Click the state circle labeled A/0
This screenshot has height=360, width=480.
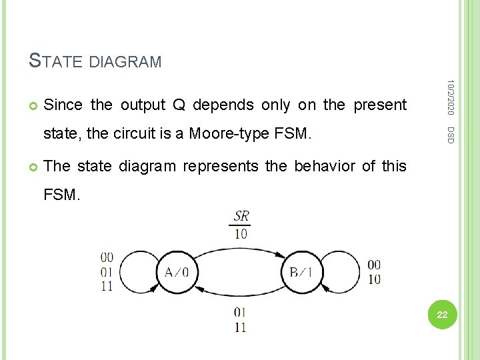(x=176, y=272)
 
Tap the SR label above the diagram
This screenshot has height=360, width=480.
(x=241, y=217)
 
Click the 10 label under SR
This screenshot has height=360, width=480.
(x=241, y=233)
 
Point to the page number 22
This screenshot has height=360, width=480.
(x=442, y=314)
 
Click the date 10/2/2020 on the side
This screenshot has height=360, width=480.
(x=451, y=97)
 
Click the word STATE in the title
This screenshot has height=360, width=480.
(x=56, y=61)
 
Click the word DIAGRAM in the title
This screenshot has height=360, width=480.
(x=125, y=63)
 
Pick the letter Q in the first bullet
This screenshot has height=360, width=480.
(x=179, y=105)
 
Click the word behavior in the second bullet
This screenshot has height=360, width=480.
(x=320, y=166)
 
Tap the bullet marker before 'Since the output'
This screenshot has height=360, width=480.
(x=33, y=105)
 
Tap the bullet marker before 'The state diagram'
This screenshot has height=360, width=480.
(x=33, y=166)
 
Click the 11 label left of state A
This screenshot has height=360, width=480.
(x=107, y=287)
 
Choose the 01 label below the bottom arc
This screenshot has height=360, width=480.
(x=240, y=312)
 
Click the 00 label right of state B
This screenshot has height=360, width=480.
(x=374, y=265)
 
